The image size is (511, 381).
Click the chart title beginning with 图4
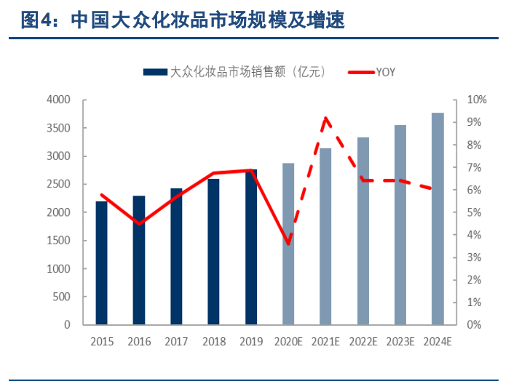coord(183,20)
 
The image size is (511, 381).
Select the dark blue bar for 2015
coord(101,262)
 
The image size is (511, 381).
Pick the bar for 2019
coord(250,246)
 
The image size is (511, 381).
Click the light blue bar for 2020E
coord(288,244)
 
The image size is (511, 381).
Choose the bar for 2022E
coord(363,230)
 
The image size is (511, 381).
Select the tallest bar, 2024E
coord(437,218)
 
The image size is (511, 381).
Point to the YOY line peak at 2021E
coord(325,118)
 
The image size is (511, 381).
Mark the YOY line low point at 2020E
coord(288,244)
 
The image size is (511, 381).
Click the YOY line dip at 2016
coord(139,223)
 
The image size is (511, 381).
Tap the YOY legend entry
coord(371,71)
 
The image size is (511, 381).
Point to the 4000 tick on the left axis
coord(58,100)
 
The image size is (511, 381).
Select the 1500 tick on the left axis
coord(58,241)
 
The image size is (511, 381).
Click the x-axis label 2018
coord(213,340)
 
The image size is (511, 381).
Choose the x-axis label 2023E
coord(400,340)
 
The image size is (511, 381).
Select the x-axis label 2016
coord(139,340)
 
